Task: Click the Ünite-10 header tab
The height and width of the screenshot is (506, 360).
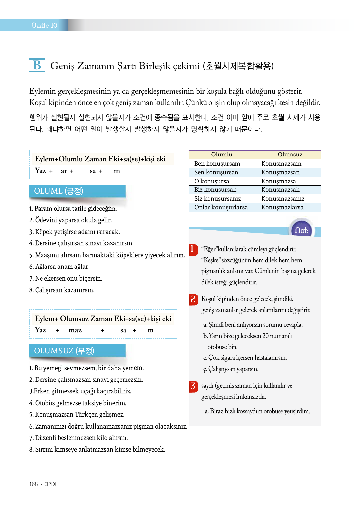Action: [44, 25]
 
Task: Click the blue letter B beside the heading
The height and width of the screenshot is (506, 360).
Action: [37, 65]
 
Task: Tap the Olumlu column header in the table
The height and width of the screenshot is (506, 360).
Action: [222, 155]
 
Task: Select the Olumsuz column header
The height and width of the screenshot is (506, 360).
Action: [290, 155]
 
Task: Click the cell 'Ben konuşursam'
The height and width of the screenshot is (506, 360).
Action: [217, 164]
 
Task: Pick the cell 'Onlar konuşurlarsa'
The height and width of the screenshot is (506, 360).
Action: [221, 207]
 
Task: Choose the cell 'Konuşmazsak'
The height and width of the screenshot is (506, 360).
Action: [280, 190]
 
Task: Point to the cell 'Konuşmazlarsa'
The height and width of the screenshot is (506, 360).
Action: [282, 207]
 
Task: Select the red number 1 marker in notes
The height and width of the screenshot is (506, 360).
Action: [193, 249]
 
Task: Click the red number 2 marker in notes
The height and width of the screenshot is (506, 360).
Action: [193, 299]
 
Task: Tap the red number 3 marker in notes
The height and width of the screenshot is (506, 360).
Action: [193, 386]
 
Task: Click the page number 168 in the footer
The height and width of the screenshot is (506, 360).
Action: [34, 484]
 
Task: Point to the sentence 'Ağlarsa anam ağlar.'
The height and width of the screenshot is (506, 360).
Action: [59, 267]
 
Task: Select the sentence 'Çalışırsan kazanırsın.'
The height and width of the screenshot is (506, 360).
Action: [62, 290]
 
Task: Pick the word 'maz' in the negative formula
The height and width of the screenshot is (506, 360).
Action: [75, 330]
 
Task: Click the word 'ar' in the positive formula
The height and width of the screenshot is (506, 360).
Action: [64, 171]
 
